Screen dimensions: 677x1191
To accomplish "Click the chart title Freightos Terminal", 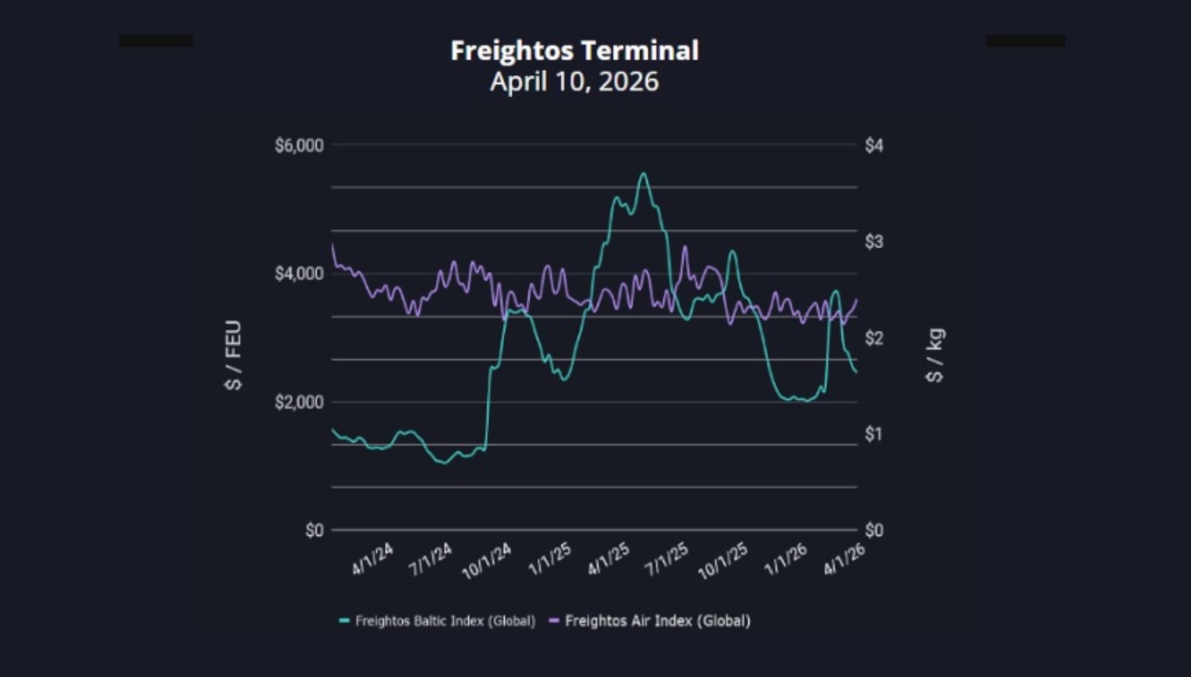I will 574,51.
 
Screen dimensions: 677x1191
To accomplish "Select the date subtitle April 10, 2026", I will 574,81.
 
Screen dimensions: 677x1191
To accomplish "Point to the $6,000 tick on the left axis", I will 299,145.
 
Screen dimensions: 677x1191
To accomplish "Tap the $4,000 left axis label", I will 299,274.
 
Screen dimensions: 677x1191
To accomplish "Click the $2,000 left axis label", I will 299,402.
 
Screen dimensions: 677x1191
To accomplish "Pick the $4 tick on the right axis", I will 874,145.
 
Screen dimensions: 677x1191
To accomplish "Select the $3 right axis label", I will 874,241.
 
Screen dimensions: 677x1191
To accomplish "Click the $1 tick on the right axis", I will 874,434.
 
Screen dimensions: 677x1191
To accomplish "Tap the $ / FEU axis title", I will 233,355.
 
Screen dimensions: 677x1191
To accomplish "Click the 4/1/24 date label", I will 372,559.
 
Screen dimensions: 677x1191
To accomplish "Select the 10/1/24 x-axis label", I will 486,561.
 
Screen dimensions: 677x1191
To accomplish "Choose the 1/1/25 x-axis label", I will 550,559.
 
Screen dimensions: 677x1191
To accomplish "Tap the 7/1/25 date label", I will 667,559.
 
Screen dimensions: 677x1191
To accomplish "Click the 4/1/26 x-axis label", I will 844,559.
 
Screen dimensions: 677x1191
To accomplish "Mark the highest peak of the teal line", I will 643,174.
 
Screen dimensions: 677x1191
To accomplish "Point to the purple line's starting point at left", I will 332,245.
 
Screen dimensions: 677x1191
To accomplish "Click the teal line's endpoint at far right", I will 856,372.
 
